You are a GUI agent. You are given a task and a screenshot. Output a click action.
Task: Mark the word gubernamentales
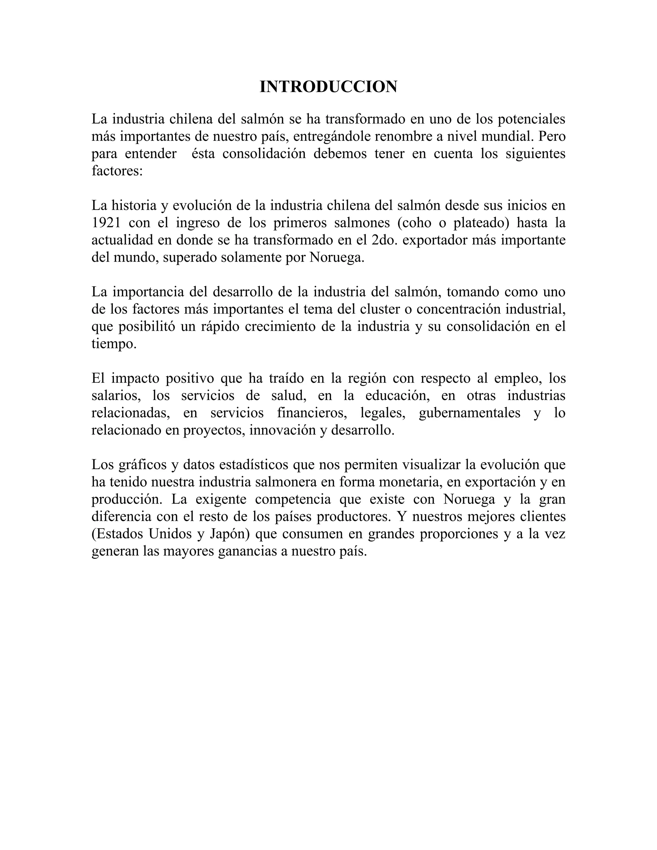[x=469, y=413]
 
